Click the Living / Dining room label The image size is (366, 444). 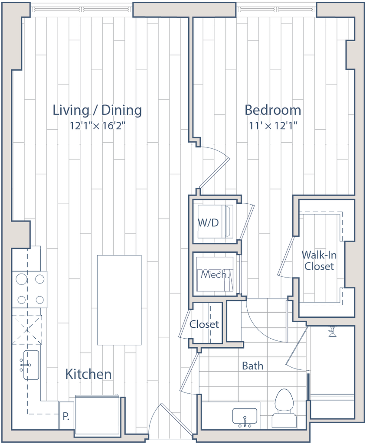(x=97, y=110)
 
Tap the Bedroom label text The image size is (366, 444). (x=272, y=110)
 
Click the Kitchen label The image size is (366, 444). (x=88, y=374)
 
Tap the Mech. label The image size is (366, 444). (x=214, y=274)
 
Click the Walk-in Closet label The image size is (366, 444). (x=319, y=261)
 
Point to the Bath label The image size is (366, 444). (x=253, y=366)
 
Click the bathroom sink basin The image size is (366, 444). (x=245, y=417)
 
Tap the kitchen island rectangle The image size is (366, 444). (x=120, y=300)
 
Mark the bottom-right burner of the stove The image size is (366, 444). (x=40, y=299)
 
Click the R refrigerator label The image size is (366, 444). (x=65, y=417)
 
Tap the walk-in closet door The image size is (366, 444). (x=286, y=256)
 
